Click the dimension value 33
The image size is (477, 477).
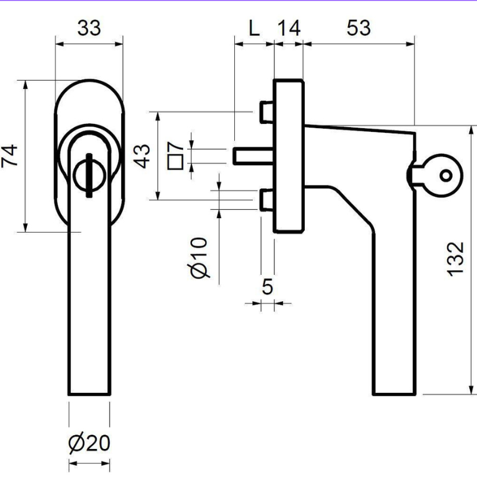point(89,28)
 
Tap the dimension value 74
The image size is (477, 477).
point(10,156)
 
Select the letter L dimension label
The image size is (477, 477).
point(254,28)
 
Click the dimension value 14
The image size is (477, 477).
point(289,28)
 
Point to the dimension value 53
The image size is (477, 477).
point(359,28)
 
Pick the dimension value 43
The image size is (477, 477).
point(142,156)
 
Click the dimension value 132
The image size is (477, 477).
point(456,259)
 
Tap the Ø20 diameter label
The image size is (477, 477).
point(89,442)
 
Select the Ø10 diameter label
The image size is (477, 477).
point(199,258)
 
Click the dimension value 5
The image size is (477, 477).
point(267,286)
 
